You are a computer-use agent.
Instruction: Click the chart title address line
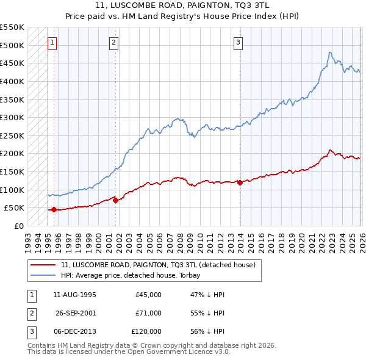coord(183,6)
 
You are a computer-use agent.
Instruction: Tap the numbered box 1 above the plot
coord(52,42)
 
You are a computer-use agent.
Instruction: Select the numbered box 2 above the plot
coord(114,42)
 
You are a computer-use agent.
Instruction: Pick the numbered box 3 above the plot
coord(238,42)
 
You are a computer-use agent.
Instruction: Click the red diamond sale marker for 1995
coord(54,209)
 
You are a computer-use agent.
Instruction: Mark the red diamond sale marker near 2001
coord(115,200)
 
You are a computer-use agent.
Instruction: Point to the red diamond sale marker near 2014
coord(240,182)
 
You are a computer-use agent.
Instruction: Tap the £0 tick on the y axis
coord(18,226)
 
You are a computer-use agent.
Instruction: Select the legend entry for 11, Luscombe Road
coord(162,265)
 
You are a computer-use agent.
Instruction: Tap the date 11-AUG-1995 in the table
coord(74,295)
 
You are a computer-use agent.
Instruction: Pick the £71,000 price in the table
coord(148,313)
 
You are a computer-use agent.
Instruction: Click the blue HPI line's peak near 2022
coord(329,52)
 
